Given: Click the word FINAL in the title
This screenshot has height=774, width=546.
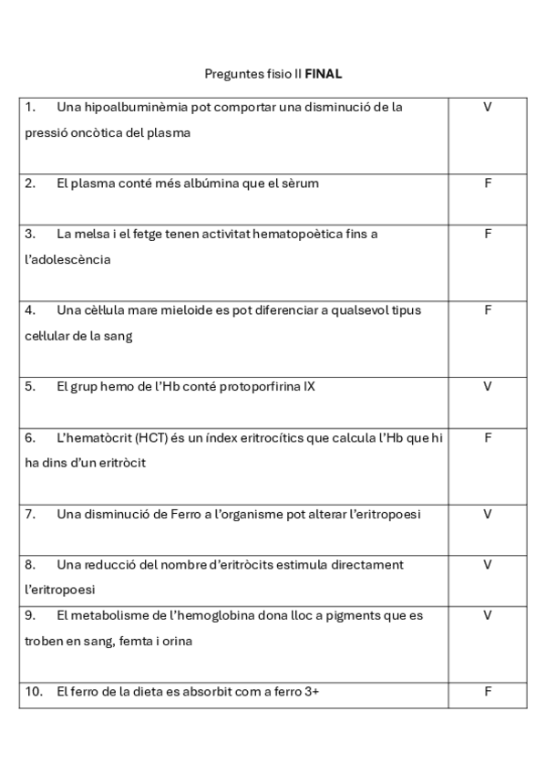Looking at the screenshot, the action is pos(324,73).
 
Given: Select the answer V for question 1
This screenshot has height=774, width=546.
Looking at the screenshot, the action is pos(488,107).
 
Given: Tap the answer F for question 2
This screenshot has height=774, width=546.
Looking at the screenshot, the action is pos(488,183).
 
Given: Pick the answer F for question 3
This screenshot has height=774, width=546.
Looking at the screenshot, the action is pos(488,234).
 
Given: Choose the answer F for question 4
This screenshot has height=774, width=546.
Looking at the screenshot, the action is pos(488,309).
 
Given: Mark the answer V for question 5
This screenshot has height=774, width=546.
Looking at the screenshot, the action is pos(488,386).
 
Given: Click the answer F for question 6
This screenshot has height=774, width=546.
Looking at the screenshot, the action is pos(488,437).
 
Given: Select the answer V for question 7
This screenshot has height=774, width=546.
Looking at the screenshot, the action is pos(488,514).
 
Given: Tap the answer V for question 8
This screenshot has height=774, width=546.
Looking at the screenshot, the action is pos(488,564).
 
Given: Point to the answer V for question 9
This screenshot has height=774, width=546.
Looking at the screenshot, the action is pos(488,615).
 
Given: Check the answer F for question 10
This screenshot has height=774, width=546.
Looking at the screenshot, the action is pos(488,691).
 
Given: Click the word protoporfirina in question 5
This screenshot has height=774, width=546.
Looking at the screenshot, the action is pos(261,386).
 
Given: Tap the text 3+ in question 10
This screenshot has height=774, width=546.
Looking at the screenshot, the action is pos(312,691).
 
